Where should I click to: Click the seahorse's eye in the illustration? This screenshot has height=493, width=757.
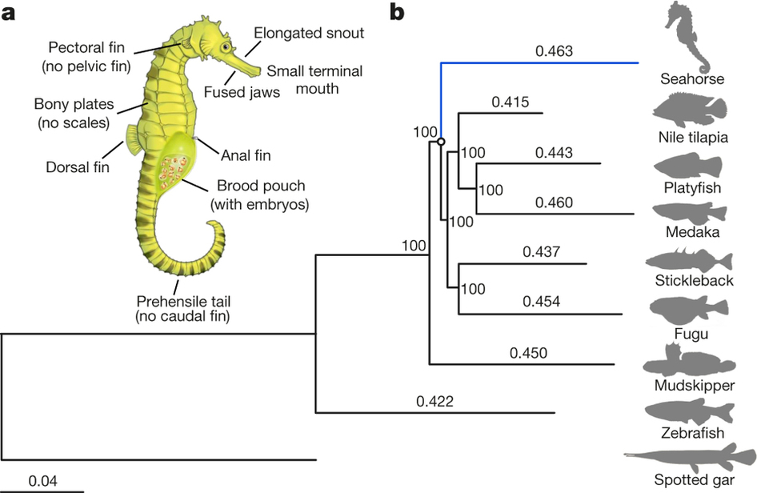[x=226, y=46]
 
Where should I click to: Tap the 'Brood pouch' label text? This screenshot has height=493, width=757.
[x=261, y=186]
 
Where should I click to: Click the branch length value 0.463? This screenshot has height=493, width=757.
[x=554, y=50]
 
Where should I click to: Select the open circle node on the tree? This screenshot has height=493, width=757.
[x=441, y=142]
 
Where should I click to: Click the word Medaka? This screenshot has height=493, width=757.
[x=692, y=232]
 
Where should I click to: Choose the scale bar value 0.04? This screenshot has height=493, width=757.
[x=42, y=480]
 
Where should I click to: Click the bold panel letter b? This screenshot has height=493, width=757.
[x=397, y=13]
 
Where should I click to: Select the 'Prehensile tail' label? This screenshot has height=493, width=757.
[x=183, y=301]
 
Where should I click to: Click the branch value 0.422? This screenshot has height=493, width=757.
[x=435, y=401]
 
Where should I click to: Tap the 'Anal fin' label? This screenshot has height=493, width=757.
[x=246, y=155]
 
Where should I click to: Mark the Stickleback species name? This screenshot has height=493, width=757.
[x=694, y=280]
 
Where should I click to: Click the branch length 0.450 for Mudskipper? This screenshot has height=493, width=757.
[x=528, y=353]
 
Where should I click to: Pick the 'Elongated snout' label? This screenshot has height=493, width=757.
[x=309, y=33]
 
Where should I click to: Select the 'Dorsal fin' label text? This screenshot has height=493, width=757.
[x=78, y=167]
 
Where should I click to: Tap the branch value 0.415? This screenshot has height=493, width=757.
[x=511, y=102]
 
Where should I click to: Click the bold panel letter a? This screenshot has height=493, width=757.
[x=8, y=14]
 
